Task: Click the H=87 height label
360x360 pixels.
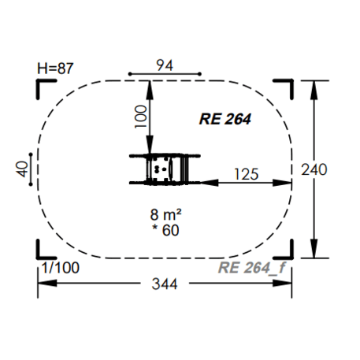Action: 55,69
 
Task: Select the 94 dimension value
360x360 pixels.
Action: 165,65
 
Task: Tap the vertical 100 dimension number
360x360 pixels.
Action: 141,117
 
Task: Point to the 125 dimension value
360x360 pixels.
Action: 247,174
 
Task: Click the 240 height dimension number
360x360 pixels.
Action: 314,169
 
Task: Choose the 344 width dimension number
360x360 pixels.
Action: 165,284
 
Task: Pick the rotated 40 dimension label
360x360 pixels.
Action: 22,169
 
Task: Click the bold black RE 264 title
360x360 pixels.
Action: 225,119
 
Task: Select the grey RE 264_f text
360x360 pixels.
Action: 251,268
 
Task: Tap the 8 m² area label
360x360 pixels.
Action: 165,214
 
